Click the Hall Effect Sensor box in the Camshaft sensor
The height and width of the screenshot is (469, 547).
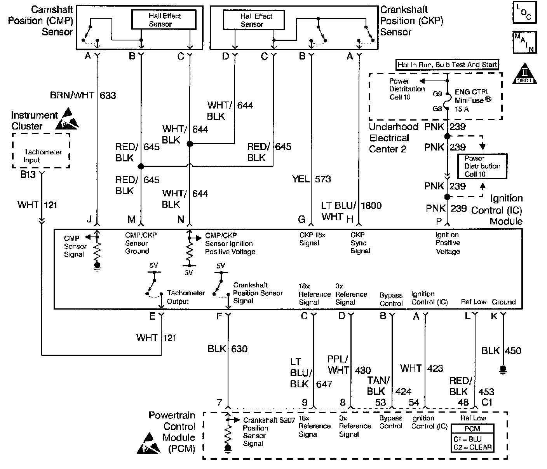tap(164, 19)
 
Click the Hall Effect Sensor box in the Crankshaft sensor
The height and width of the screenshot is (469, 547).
tap(254, 19)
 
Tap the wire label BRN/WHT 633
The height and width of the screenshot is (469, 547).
tap(83, 95)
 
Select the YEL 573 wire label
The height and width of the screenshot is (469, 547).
tap(312, 179)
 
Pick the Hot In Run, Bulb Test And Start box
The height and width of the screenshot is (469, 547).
tap(447, 65)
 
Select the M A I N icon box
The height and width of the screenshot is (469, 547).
tap(524, 42)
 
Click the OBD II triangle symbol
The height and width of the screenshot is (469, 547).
tap(525, 73)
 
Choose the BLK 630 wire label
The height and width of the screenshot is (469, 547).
tap(227, 349)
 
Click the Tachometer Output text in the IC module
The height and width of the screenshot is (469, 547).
tap(180, 297)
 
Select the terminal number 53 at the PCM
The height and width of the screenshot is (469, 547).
tap(380, 402)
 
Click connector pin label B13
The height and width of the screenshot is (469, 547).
tap(28, 175)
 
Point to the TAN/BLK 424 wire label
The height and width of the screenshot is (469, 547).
tap(389, 386)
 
